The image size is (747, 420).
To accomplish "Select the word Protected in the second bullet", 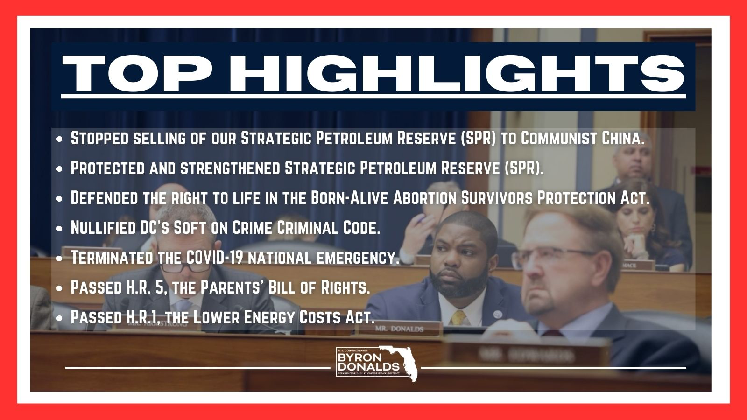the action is tap(107, 168).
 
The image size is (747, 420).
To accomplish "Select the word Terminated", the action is tap(112, 257).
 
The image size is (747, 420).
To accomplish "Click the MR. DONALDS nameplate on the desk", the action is tap(399, 329).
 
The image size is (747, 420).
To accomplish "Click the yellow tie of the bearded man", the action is tap(458, 318).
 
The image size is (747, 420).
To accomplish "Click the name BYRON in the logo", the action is tap(355, 357).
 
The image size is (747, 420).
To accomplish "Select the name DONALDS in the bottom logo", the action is tap(368, 367).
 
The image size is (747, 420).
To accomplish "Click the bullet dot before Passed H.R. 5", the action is tap(60, 288).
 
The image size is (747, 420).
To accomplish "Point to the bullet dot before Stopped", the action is tap(60, 139).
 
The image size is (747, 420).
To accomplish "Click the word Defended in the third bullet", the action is tap(105, 198).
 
